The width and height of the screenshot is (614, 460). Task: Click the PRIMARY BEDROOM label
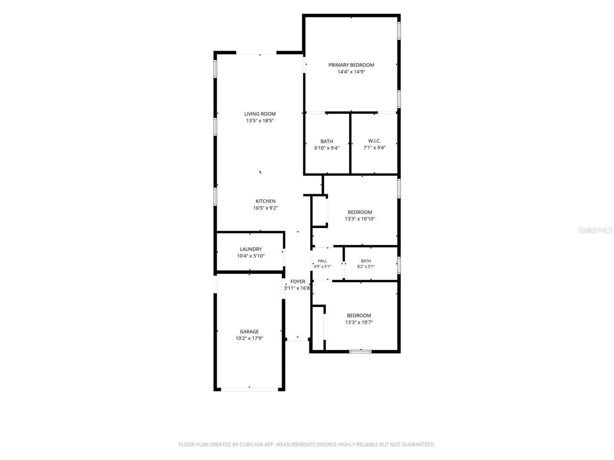[x=351, y=65]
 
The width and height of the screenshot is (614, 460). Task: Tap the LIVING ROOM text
[x=260, y=114]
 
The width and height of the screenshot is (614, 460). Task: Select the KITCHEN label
[x=266, y=201]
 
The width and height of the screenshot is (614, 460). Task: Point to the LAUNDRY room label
[x=251, y=249]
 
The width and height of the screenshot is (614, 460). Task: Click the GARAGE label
[x=249, y=332]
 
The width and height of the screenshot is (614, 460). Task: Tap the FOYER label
[x=298, y=281]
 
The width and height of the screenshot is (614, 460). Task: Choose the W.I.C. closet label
[x=375, y=141]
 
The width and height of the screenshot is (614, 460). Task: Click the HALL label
[x=322, y=261]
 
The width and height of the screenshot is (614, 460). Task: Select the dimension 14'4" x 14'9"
[x=351, y=72]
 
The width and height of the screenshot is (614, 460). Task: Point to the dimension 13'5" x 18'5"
[x=260, y=121]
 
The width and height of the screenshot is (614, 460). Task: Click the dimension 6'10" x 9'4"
[x=327, y=148]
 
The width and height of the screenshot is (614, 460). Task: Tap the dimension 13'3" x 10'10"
[x=360, y=219]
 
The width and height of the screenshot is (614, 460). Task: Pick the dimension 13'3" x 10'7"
[x=359, y=322]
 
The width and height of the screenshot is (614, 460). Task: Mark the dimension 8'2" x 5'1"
[x=366, y=266]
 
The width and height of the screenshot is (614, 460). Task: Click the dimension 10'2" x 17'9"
[x=249, y=338]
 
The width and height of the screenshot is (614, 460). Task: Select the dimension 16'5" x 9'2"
[x=266, y=208]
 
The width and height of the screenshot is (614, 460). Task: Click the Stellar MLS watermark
[x=595, y=230]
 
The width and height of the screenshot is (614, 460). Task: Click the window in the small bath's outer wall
[x=399, y=265]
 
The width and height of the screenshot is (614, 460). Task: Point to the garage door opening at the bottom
[x=249, y=389]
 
